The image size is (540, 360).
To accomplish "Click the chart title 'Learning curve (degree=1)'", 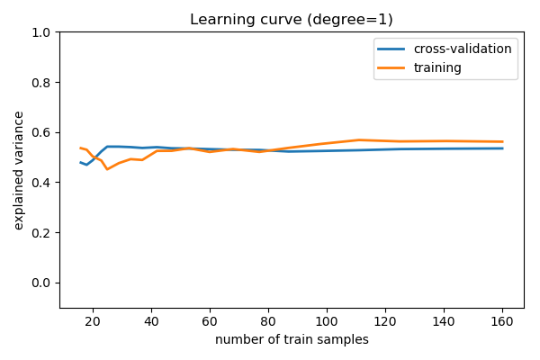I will click(292, 20).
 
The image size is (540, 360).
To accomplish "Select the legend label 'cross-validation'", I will click(463, 49).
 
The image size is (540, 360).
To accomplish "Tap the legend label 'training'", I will click(438, 67).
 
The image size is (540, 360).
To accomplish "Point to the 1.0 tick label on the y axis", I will click(40, 32).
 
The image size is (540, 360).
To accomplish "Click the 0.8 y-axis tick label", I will click(40, 83).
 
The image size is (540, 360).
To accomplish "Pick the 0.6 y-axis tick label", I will click(40, 132).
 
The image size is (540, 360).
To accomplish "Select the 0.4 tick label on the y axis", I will click(40, 183).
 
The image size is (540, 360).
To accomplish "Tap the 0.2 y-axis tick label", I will click(40, 233).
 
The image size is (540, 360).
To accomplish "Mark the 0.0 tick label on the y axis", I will click(40, 283).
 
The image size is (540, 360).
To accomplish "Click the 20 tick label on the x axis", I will click(92, 321).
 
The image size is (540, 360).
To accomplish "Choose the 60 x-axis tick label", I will click(210, 321).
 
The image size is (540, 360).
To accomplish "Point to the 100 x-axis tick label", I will click(327, 321).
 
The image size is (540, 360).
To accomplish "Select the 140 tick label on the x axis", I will click(444, 321).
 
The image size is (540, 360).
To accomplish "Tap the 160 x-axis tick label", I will click(502, 321).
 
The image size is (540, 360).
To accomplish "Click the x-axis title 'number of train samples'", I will click(292, 340).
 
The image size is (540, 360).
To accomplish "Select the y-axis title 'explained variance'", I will click(19, 170).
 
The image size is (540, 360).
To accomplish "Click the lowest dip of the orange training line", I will click(107, 169).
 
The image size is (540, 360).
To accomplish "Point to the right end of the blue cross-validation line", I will click(502, 148).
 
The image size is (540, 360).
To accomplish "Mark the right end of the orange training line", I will click(502, 141).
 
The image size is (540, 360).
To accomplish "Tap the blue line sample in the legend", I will click(393, 49).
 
